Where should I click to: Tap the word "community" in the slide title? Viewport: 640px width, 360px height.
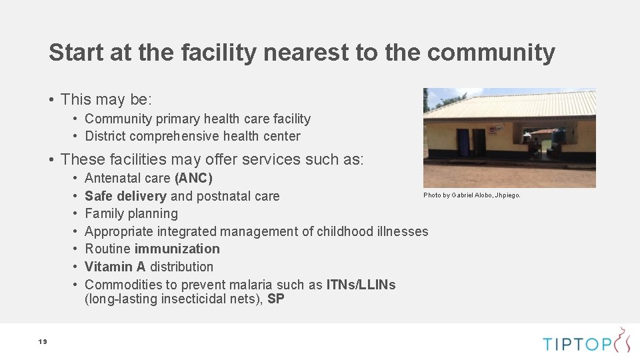tap(491, 52)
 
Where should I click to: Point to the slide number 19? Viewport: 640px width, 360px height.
tap(43, 342)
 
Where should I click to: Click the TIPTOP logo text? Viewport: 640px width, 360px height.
tap(577, 344)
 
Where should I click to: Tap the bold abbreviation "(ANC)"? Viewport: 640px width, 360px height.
tap(193, 178)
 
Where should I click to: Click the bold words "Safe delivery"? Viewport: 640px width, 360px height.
tap(125, 196)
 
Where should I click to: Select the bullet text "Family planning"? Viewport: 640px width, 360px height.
tap(131, 213)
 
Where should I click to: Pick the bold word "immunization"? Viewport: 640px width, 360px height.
tap(177, 249)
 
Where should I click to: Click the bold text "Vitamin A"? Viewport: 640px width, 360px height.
tap(115, 267)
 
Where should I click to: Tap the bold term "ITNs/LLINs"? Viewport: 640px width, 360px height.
tap(361, 285)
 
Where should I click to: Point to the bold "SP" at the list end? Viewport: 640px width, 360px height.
tap(275, 299)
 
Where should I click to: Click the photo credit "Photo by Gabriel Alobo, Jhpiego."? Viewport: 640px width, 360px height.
tap(472, 195)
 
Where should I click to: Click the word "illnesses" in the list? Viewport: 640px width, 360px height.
tap(402, 231)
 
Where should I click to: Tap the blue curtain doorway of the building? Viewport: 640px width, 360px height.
tap(463, 142)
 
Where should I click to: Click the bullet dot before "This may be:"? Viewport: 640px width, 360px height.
tap(51, 100)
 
